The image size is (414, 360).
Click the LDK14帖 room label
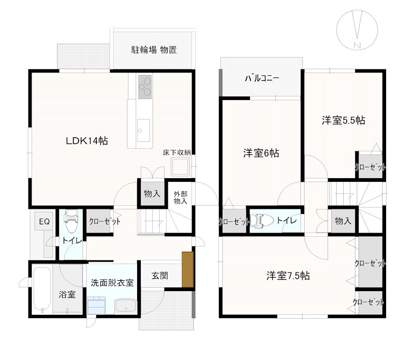86,141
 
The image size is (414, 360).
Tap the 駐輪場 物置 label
154,50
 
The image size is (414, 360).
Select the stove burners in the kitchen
144,86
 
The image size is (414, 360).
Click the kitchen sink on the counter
143,127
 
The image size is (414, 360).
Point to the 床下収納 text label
177,152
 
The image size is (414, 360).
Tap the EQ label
43,222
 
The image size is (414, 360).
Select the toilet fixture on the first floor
71,222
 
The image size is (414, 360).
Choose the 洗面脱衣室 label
112,283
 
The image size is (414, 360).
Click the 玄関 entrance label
160,276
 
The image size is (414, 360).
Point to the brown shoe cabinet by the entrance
187,269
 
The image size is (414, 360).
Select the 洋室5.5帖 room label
344,121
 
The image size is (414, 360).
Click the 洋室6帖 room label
262,153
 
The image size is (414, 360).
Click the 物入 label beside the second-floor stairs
343,221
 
